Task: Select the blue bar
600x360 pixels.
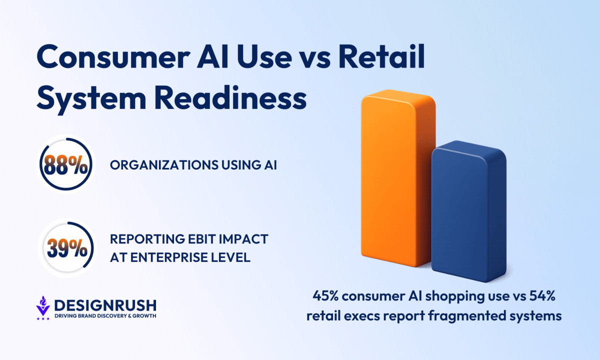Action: pyautogui.click(x=469, y=211)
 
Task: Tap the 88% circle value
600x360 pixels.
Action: pyautogui.click(x=66, y=165)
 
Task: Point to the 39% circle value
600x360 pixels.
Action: pyautogui.click(x=67, y=248)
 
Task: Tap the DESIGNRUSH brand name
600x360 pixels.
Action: pyautogui.click(x=105, y=305)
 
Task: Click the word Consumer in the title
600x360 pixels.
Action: pyautogui.click(x=113, y=57)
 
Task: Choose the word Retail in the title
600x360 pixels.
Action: pyautogui.click(x=381, y=55)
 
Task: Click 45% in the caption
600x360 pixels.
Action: pyautogui.click(x=325, y=296)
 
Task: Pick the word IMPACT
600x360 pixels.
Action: pyautogui.click(x=243, y=239)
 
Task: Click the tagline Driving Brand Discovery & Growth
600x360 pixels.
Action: pyautogui.click(x=105, y=316)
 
